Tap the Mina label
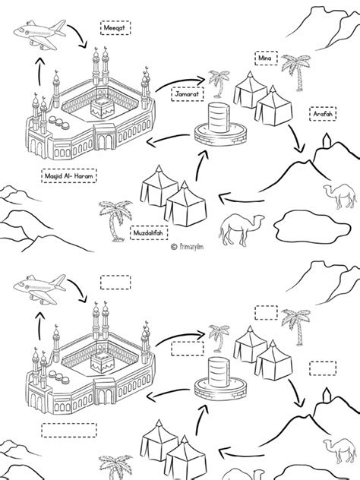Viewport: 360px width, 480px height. pyautogui.click(x=266, y=58)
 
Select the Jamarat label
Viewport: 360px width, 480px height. pyautogui.click(x=187, y=94)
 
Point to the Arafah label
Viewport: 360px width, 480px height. pyautogui.click(x=323, y=114)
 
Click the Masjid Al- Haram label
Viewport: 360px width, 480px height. pyautogui.click(x=69, y=175)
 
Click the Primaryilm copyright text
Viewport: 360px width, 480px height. pyautogui.click(x=187, y=247)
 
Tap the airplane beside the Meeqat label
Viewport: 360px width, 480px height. pyautogui.click(x=39, y=34)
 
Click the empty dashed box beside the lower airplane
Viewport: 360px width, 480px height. pyautogui.click(x=115, y=283)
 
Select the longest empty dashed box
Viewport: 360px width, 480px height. pyautogui.click(x=69, y=431)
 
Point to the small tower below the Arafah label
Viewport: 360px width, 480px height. pyautogui.click(x=327, y=141)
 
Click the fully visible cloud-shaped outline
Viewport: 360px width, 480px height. pyautogui.click(x=312, y=227)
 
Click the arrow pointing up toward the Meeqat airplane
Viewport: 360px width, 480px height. pyautogui.click(x=39, y=71)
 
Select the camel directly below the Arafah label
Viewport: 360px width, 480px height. pyautogui.click(x=340, y=195)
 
